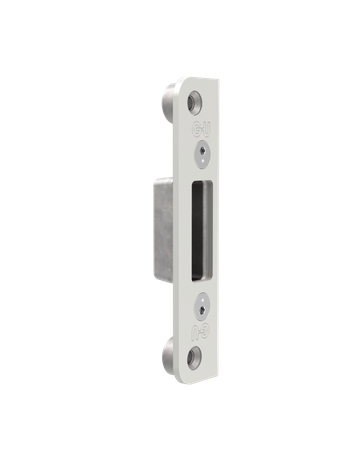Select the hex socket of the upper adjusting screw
(x=202, y=155)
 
